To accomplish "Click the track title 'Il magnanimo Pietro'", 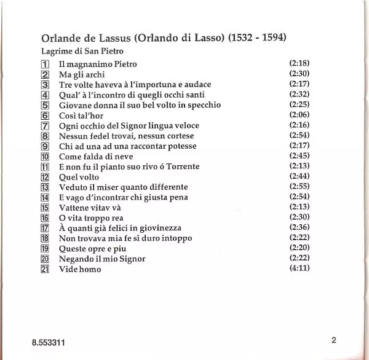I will pyautogui.click(x=98, y=64).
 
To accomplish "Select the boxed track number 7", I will pyautogui.click(x=45, y=125).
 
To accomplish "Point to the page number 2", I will pyautogui.click(x=333, y=341).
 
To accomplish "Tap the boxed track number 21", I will pyautogui.click(x=44, y=269).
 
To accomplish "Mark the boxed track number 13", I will pyautogui.click(x=44, y=187).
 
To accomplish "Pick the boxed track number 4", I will pyautogui.click(x=45, y=95).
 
